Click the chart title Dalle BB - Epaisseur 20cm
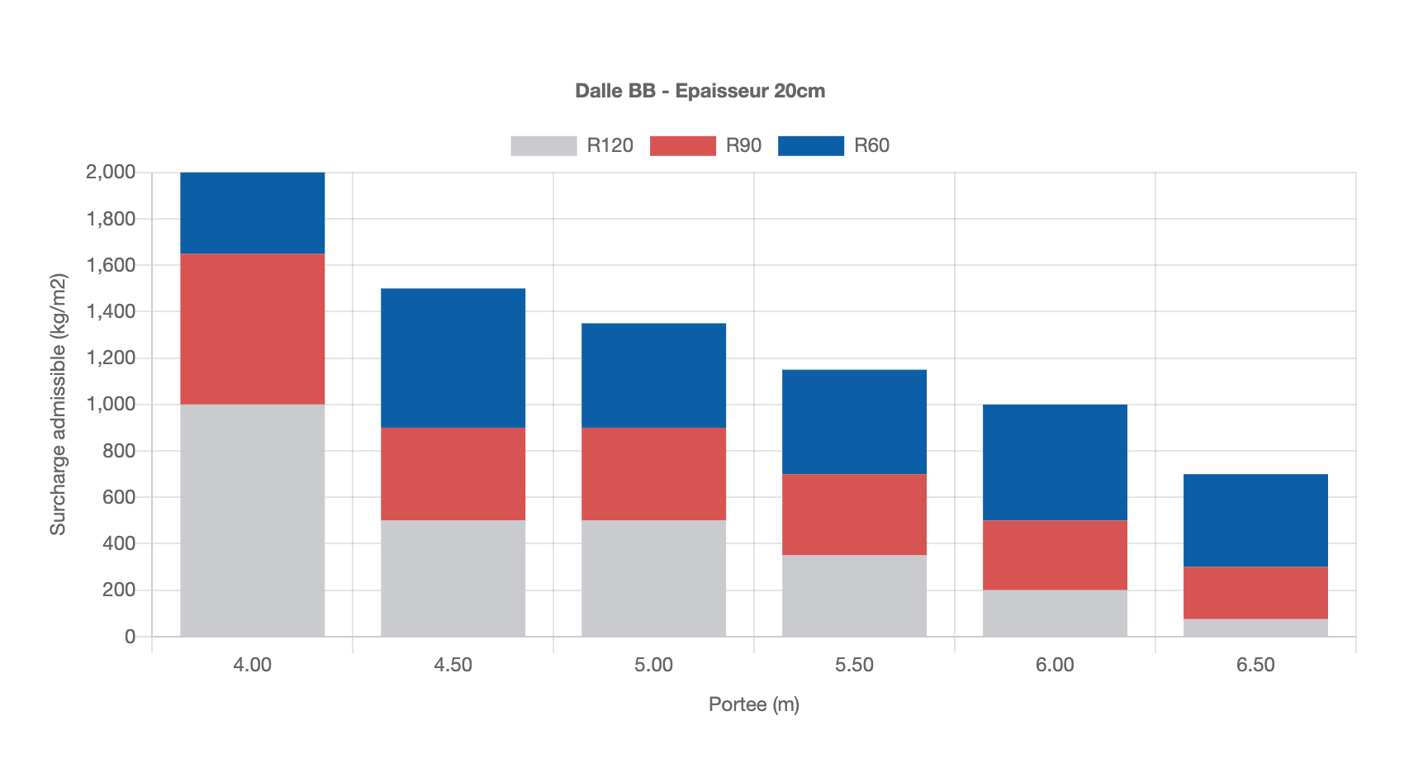coord(700,91)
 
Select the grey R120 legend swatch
coord(543,146)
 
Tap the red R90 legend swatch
coord(682,146)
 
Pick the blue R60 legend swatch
coord(810,146)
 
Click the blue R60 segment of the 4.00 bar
coord(252,213)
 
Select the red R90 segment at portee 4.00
coord(252,329)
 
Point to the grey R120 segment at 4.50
coord(453,578)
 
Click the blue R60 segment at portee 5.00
coord(653,375)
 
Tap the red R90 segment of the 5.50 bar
coord(854,514)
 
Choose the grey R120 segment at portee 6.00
coord(1055,613)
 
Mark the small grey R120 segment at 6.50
coord(1255,628)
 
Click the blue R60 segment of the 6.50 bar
coord(1255,520)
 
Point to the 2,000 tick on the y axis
coord(111,173)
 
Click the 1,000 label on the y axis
coord(111,405)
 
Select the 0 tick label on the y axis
coord(130,637)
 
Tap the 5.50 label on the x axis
coord(854,666)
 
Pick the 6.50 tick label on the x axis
coord(1255,666)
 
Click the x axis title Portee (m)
coord(754,704)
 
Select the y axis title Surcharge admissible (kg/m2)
coord(58,405)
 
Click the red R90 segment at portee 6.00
coord(1055,555)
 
